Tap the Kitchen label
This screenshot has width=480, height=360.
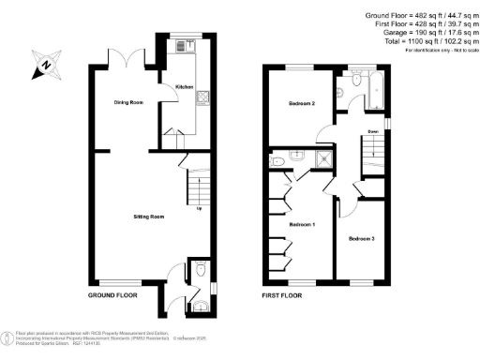coord(184,87)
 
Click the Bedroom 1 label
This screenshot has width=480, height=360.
coord(300,226)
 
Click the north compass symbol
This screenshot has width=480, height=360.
coord(45,66)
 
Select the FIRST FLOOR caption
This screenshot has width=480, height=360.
coord(282,294)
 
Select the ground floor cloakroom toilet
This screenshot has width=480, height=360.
coord(202,272)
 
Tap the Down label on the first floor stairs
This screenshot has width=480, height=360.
coord(372,132)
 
